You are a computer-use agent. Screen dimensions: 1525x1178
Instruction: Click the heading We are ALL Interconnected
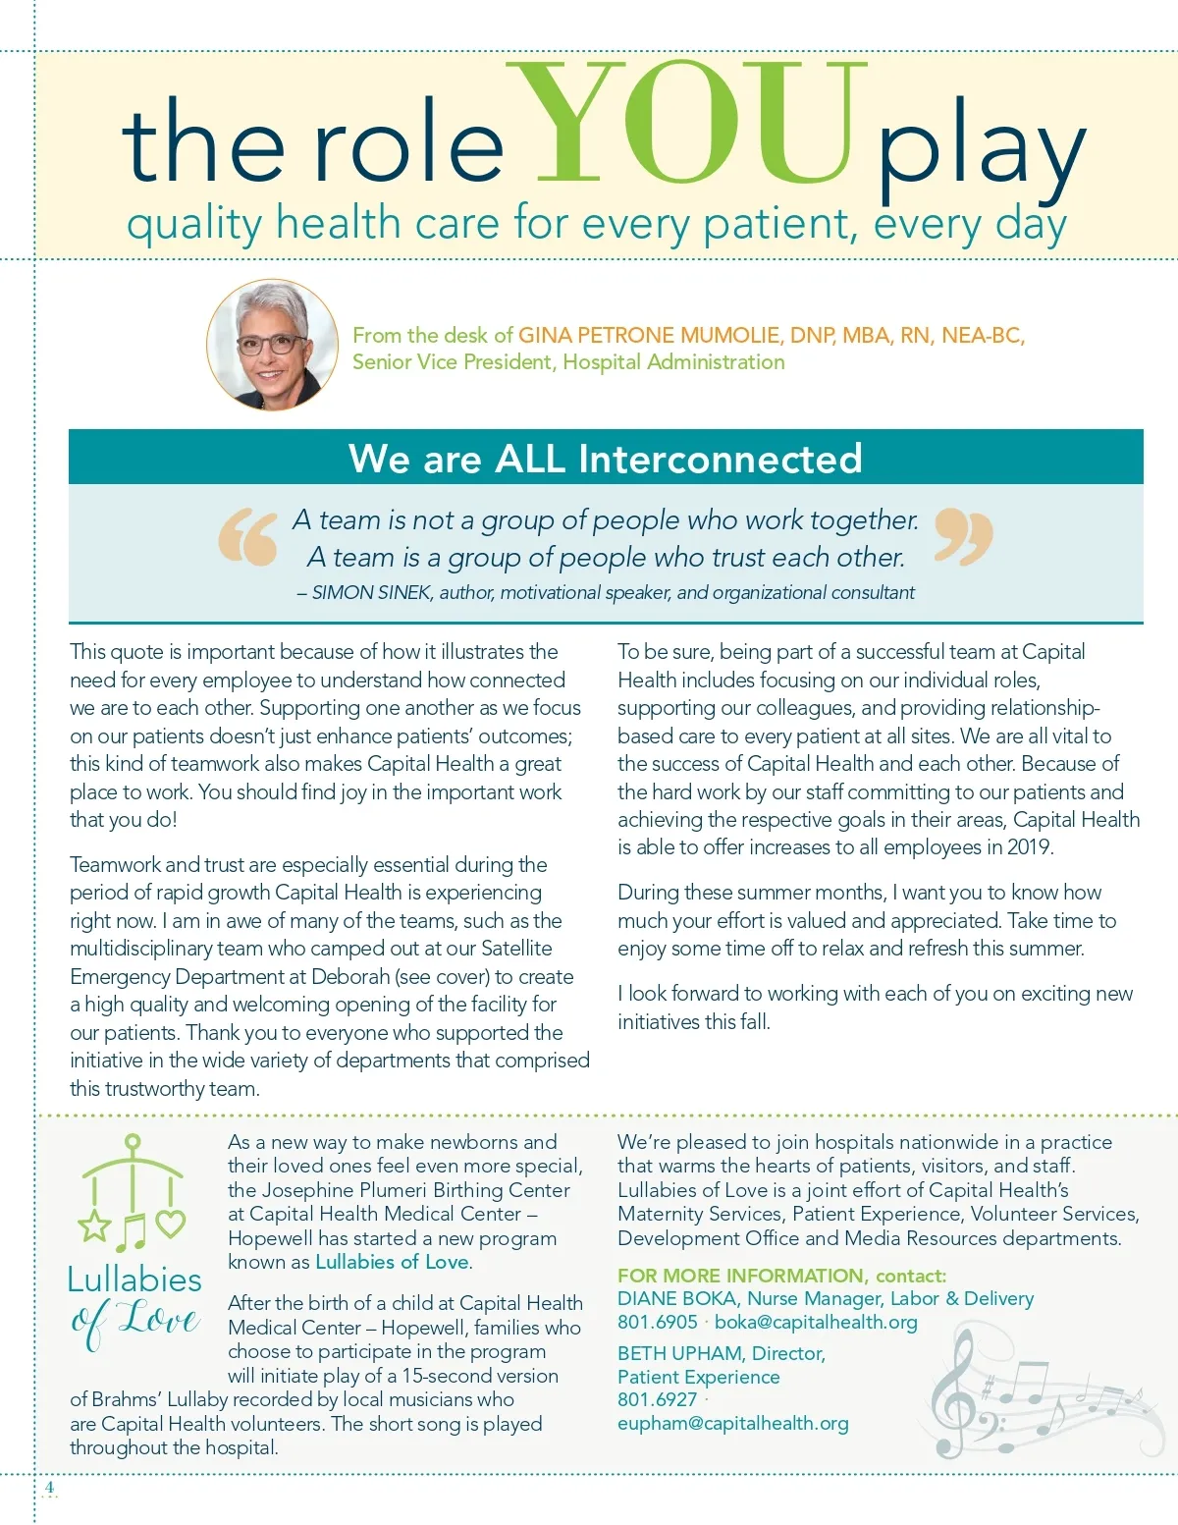click(605, 458)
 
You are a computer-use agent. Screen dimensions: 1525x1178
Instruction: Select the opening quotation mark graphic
click(248, 537)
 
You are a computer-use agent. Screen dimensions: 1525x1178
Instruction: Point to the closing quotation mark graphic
click(963, 536)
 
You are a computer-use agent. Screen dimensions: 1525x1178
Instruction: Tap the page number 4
click(49, 1487)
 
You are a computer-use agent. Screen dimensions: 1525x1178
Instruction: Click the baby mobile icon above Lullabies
click(132, 1193)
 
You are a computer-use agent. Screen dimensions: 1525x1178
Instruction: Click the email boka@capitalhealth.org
click(816, 1323)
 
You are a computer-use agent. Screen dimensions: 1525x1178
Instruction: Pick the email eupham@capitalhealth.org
click(733, 1424)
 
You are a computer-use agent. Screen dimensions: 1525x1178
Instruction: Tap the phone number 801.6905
click(657, 1323)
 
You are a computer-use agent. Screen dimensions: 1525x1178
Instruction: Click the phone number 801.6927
click(657, 1399)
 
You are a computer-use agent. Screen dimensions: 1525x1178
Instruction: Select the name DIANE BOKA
click(676, 1299)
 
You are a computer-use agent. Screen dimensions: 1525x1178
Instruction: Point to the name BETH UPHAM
click(678, 1354)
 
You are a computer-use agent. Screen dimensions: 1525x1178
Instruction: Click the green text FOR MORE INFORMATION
click(740, 1276)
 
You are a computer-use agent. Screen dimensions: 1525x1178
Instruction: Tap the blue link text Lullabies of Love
click(392, 1262)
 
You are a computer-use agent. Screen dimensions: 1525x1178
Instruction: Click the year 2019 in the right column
click(1028, 847)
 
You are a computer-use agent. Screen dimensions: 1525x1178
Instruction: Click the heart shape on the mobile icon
click(171, 1224)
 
